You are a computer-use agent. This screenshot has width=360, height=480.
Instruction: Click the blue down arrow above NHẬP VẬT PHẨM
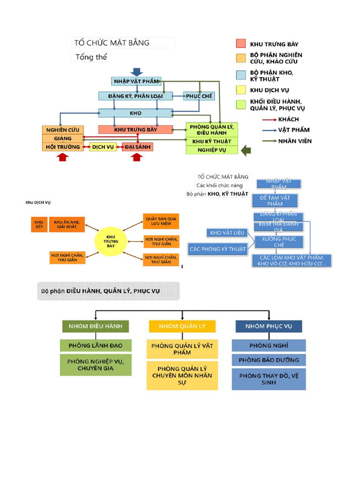[136, 72]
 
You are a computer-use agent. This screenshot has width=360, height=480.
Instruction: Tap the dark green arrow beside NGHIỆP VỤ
[246, 150]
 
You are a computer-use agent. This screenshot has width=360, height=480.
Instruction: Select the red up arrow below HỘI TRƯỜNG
[62, 157]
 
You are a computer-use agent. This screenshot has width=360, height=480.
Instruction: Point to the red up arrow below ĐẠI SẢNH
[136, 157]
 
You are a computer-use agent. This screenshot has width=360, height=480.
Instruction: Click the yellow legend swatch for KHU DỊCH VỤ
[241, 90]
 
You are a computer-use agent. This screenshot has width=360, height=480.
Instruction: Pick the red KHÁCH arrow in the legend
[269, 120]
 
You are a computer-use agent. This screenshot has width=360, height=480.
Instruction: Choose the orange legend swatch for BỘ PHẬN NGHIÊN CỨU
[241, 58]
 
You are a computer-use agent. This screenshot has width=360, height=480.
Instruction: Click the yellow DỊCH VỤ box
[103, 147]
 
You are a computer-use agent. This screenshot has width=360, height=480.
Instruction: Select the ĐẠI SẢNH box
[137, 147]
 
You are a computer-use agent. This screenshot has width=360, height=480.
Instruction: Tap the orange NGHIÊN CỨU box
[63, 129]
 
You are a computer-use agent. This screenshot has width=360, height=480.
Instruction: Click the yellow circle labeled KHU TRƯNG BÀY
[111, 241]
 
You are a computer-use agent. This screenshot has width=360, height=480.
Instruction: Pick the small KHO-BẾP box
[39, 224]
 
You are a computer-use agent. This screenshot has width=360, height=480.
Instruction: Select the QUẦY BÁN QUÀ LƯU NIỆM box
[161, 221]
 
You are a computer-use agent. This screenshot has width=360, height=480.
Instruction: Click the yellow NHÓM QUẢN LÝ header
[182, 326]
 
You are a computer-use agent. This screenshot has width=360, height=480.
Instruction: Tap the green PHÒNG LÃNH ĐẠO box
[96, 345]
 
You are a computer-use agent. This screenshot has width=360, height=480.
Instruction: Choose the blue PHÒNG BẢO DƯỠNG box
[269, 360]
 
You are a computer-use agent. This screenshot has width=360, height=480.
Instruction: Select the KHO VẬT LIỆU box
[227, 233]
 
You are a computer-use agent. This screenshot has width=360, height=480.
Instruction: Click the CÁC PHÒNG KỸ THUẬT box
[217, 249]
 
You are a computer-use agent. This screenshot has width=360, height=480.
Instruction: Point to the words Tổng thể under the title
[92, 57]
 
